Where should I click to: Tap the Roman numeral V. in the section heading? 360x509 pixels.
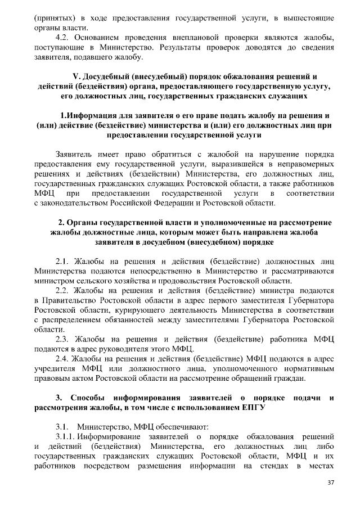coord(69,76)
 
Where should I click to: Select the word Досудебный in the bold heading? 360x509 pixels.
coord(99,76)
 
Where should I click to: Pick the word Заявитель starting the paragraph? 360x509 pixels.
coord(75,154)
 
